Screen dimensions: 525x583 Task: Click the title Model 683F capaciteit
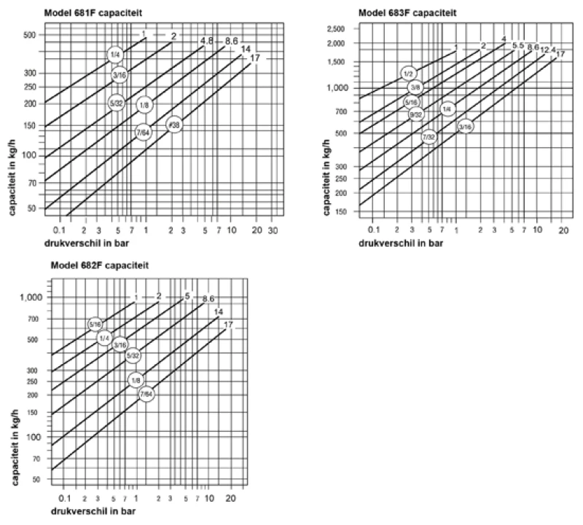[x=403, y=12]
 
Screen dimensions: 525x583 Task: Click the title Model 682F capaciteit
[x=100, y=265]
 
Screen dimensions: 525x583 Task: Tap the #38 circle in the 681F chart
[x=173, y=125]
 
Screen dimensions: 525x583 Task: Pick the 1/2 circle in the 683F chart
[x=409, y=74]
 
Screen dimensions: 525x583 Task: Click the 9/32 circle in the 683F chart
[x=415, y=114]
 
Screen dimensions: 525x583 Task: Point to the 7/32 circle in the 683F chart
[x=429, y=136]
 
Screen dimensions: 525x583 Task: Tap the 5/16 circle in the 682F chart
[x=95, y=325]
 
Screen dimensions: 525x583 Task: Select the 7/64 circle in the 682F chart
[x=146, y=394]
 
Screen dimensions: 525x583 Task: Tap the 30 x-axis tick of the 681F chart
[x=273, y=230]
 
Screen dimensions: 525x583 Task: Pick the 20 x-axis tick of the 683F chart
[x=563, y=230]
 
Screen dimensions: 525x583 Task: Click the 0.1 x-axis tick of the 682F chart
[x=64, y=498]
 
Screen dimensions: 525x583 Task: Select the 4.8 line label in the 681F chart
[x=206, y=40]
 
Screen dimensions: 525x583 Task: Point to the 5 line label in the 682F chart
[x=187, y=296]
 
